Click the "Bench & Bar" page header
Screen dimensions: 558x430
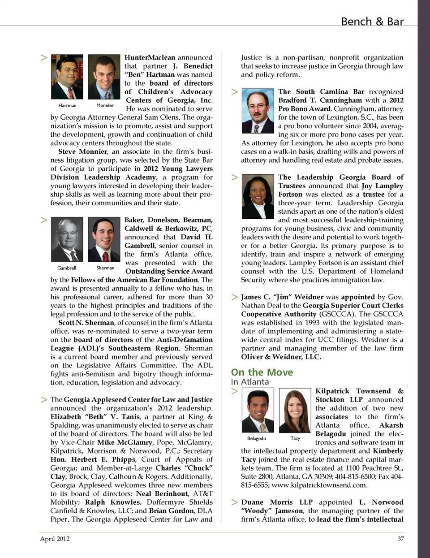[372, 22]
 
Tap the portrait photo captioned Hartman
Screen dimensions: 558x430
[67, 78]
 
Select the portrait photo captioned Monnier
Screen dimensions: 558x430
[104, 78]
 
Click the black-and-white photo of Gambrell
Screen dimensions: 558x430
[67, 240]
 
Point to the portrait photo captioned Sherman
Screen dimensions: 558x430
[104, 240]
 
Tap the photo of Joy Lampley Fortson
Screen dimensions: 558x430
[258, 197]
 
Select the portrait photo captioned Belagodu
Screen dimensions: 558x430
[258, 410]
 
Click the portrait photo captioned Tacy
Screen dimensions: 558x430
[295, 410]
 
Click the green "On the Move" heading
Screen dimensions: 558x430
[262, 372]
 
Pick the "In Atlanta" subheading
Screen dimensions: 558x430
[250, 382]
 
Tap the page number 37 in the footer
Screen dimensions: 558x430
[400, 539]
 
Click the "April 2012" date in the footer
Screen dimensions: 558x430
[55, 539]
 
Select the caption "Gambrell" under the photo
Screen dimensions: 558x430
[67, 268]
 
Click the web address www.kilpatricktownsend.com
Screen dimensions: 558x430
[319, 485]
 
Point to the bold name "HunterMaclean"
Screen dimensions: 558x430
[150, 57]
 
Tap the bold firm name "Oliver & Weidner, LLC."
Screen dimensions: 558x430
[281, 357]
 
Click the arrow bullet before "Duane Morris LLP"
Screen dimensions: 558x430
[234, 502]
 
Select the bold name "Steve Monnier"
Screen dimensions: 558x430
[83, 151]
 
